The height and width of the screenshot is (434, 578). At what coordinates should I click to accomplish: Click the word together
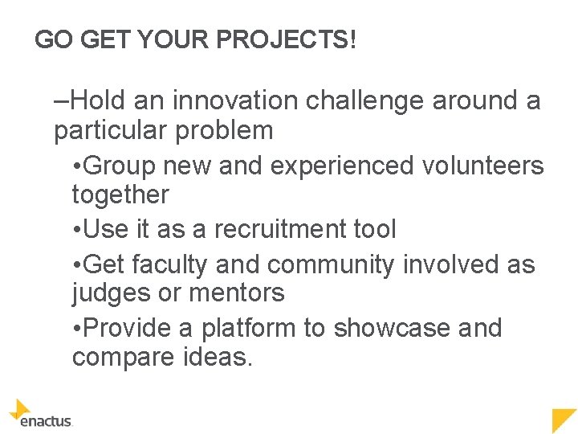tap(120, 194)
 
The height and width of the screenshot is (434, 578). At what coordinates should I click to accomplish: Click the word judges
tap(111, 293)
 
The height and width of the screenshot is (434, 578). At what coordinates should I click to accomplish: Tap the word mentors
tap(236, 293)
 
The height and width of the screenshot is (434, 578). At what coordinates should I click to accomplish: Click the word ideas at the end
tap(214, 358)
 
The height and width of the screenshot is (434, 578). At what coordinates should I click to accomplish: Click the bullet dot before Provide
tap(75, 329)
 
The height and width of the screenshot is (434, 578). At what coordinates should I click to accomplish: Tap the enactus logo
tap(40, 414)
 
